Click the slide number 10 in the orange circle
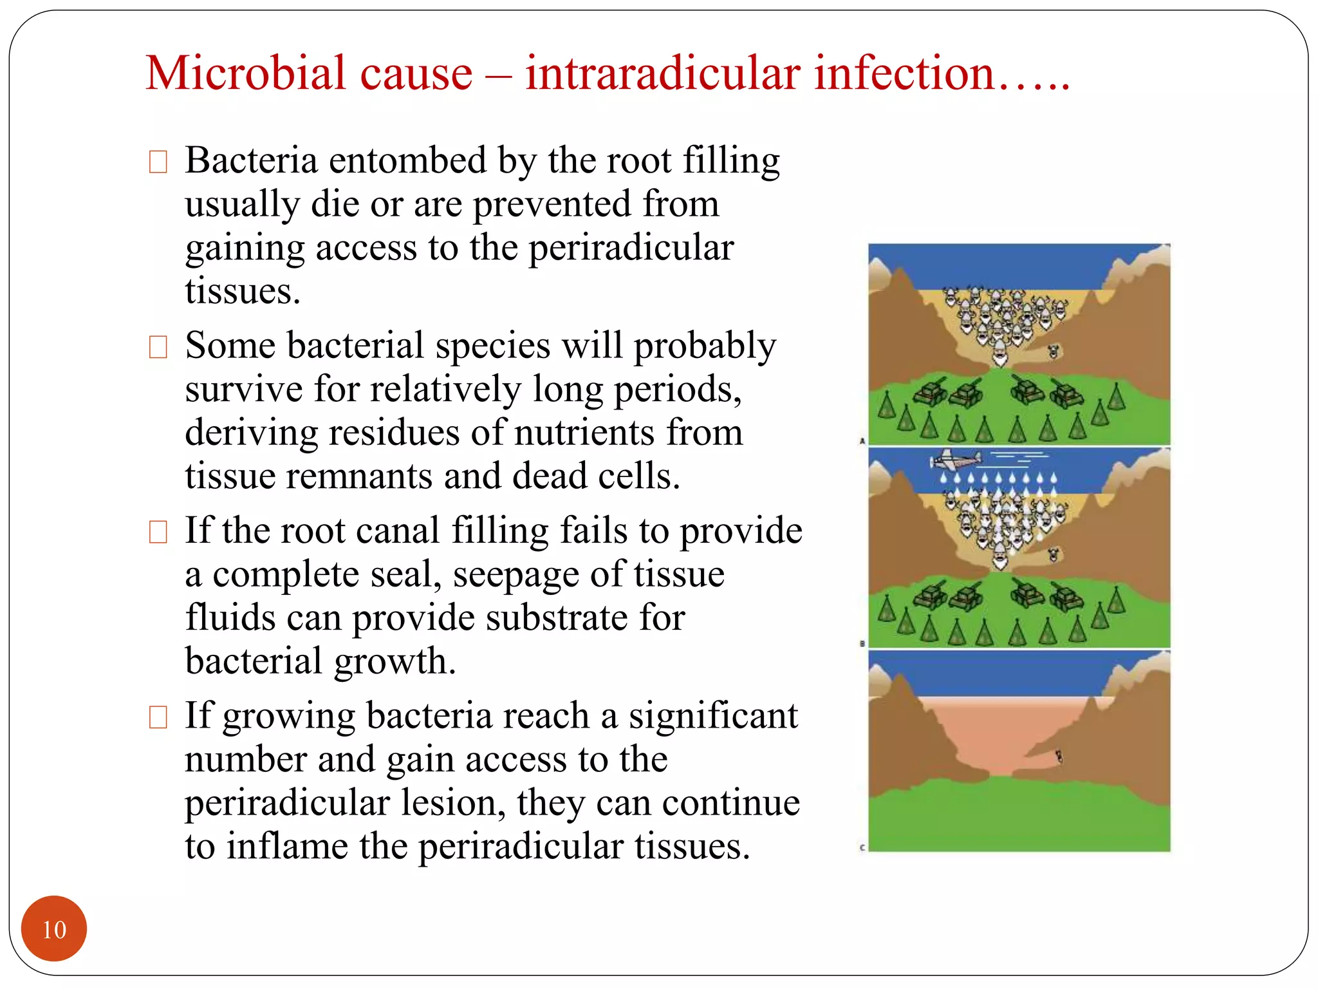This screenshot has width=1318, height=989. [x=54, y=930]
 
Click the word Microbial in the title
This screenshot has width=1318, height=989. [x=309, y=72]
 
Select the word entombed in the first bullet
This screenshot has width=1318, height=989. [x=408, y=160]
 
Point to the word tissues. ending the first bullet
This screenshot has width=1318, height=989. [x=243, y=291]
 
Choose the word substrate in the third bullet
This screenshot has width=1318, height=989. [x=555, y=617]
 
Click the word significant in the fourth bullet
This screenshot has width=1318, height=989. [x=713, y=716]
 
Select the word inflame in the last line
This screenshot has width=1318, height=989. [x=287, y=846]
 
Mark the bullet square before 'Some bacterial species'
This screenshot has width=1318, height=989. [x=158, y=347]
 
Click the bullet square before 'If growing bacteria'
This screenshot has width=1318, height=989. [x=158, y=717]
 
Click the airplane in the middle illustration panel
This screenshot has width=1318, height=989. [x=957, y=460]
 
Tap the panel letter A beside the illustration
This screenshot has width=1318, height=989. [x=862, y=441]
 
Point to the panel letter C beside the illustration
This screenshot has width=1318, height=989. [x=862, y=848]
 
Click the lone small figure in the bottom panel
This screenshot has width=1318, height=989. [x=1059, y=757]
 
